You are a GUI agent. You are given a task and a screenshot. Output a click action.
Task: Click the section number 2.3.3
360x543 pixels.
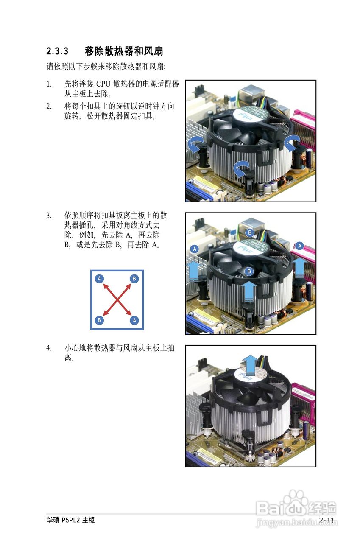tap(57, 52)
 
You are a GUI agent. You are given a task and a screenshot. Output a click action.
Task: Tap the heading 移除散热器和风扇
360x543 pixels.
tap(124, 52)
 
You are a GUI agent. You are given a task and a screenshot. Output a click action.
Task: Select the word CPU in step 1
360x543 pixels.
tap(103, 84)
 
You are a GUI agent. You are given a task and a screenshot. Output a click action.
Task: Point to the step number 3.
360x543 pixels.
tap(49, 216)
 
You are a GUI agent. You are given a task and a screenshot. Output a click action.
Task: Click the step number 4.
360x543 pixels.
tap(49, 348)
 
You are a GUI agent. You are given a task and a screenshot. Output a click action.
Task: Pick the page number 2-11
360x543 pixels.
tap(327, 520)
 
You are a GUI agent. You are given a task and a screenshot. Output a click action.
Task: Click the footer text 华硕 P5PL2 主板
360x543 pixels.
tap(71, 520)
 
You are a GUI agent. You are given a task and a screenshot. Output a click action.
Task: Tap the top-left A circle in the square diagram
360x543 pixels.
tap(100, 279)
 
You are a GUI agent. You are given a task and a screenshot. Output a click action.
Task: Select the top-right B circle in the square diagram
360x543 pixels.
tap(134, 279)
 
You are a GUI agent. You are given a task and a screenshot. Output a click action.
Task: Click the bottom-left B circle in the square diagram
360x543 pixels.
tap(100, 320)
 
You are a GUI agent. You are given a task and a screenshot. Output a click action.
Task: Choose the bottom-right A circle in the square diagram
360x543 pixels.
tap(134, 320)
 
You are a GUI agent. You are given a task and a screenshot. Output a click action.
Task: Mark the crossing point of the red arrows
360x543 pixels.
tap(117, 299)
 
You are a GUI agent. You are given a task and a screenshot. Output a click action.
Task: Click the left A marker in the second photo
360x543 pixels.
tap(194, 249)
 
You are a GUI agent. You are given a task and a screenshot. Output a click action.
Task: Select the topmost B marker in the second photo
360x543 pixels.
tap(250, 232)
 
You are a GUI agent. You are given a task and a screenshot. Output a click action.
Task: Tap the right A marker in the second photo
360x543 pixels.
tap(300, 246)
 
